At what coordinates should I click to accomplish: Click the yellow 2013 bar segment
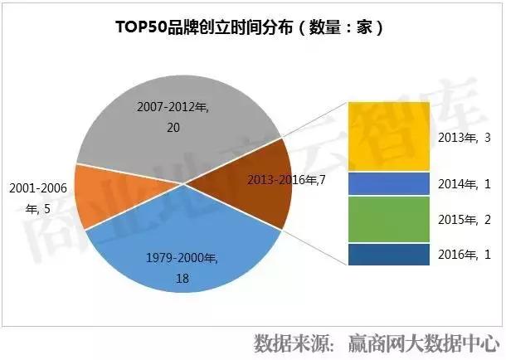click(x=388, y=135)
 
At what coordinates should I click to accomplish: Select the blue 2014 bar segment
click(x=388, y=183)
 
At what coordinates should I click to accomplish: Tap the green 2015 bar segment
click(x=388, y=219)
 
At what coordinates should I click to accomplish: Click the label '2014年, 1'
click(x=461, y=183)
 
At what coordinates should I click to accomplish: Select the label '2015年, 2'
click(x=461, y=220)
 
